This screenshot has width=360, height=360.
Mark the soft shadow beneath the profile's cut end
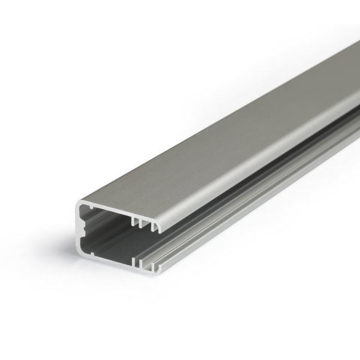[120, 287]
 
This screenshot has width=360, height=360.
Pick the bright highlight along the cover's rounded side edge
[240, 174]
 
